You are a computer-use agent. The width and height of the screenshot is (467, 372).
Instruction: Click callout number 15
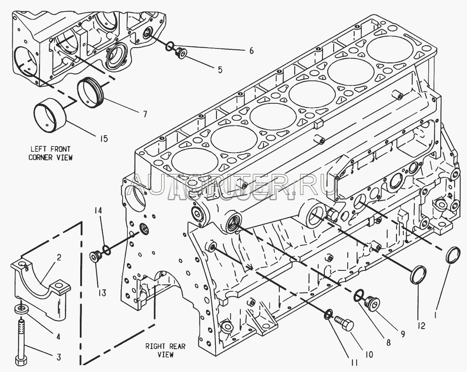pos(104,139)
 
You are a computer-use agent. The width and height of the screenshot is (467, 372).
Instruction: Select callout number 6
pos(251,51)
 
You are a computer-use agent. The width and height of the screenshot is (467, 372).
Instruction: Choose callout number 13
pos(102,293)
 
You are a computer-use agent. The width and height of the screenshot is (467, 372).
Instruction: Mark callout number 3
pos(59,358)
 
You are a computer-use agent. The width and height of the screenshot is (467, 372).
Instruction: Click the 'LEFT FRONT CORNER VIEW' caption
pos(50,153)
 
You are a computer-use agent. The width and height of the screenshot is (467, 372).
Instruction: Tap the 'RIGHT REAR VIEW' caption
pos(165,350)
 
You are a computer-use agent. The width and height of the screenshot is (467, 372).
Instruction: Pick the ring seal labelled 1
pos(454,256)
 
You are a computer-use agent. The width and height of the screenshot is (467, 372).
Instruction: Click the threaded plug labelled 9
pos(372,302)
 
